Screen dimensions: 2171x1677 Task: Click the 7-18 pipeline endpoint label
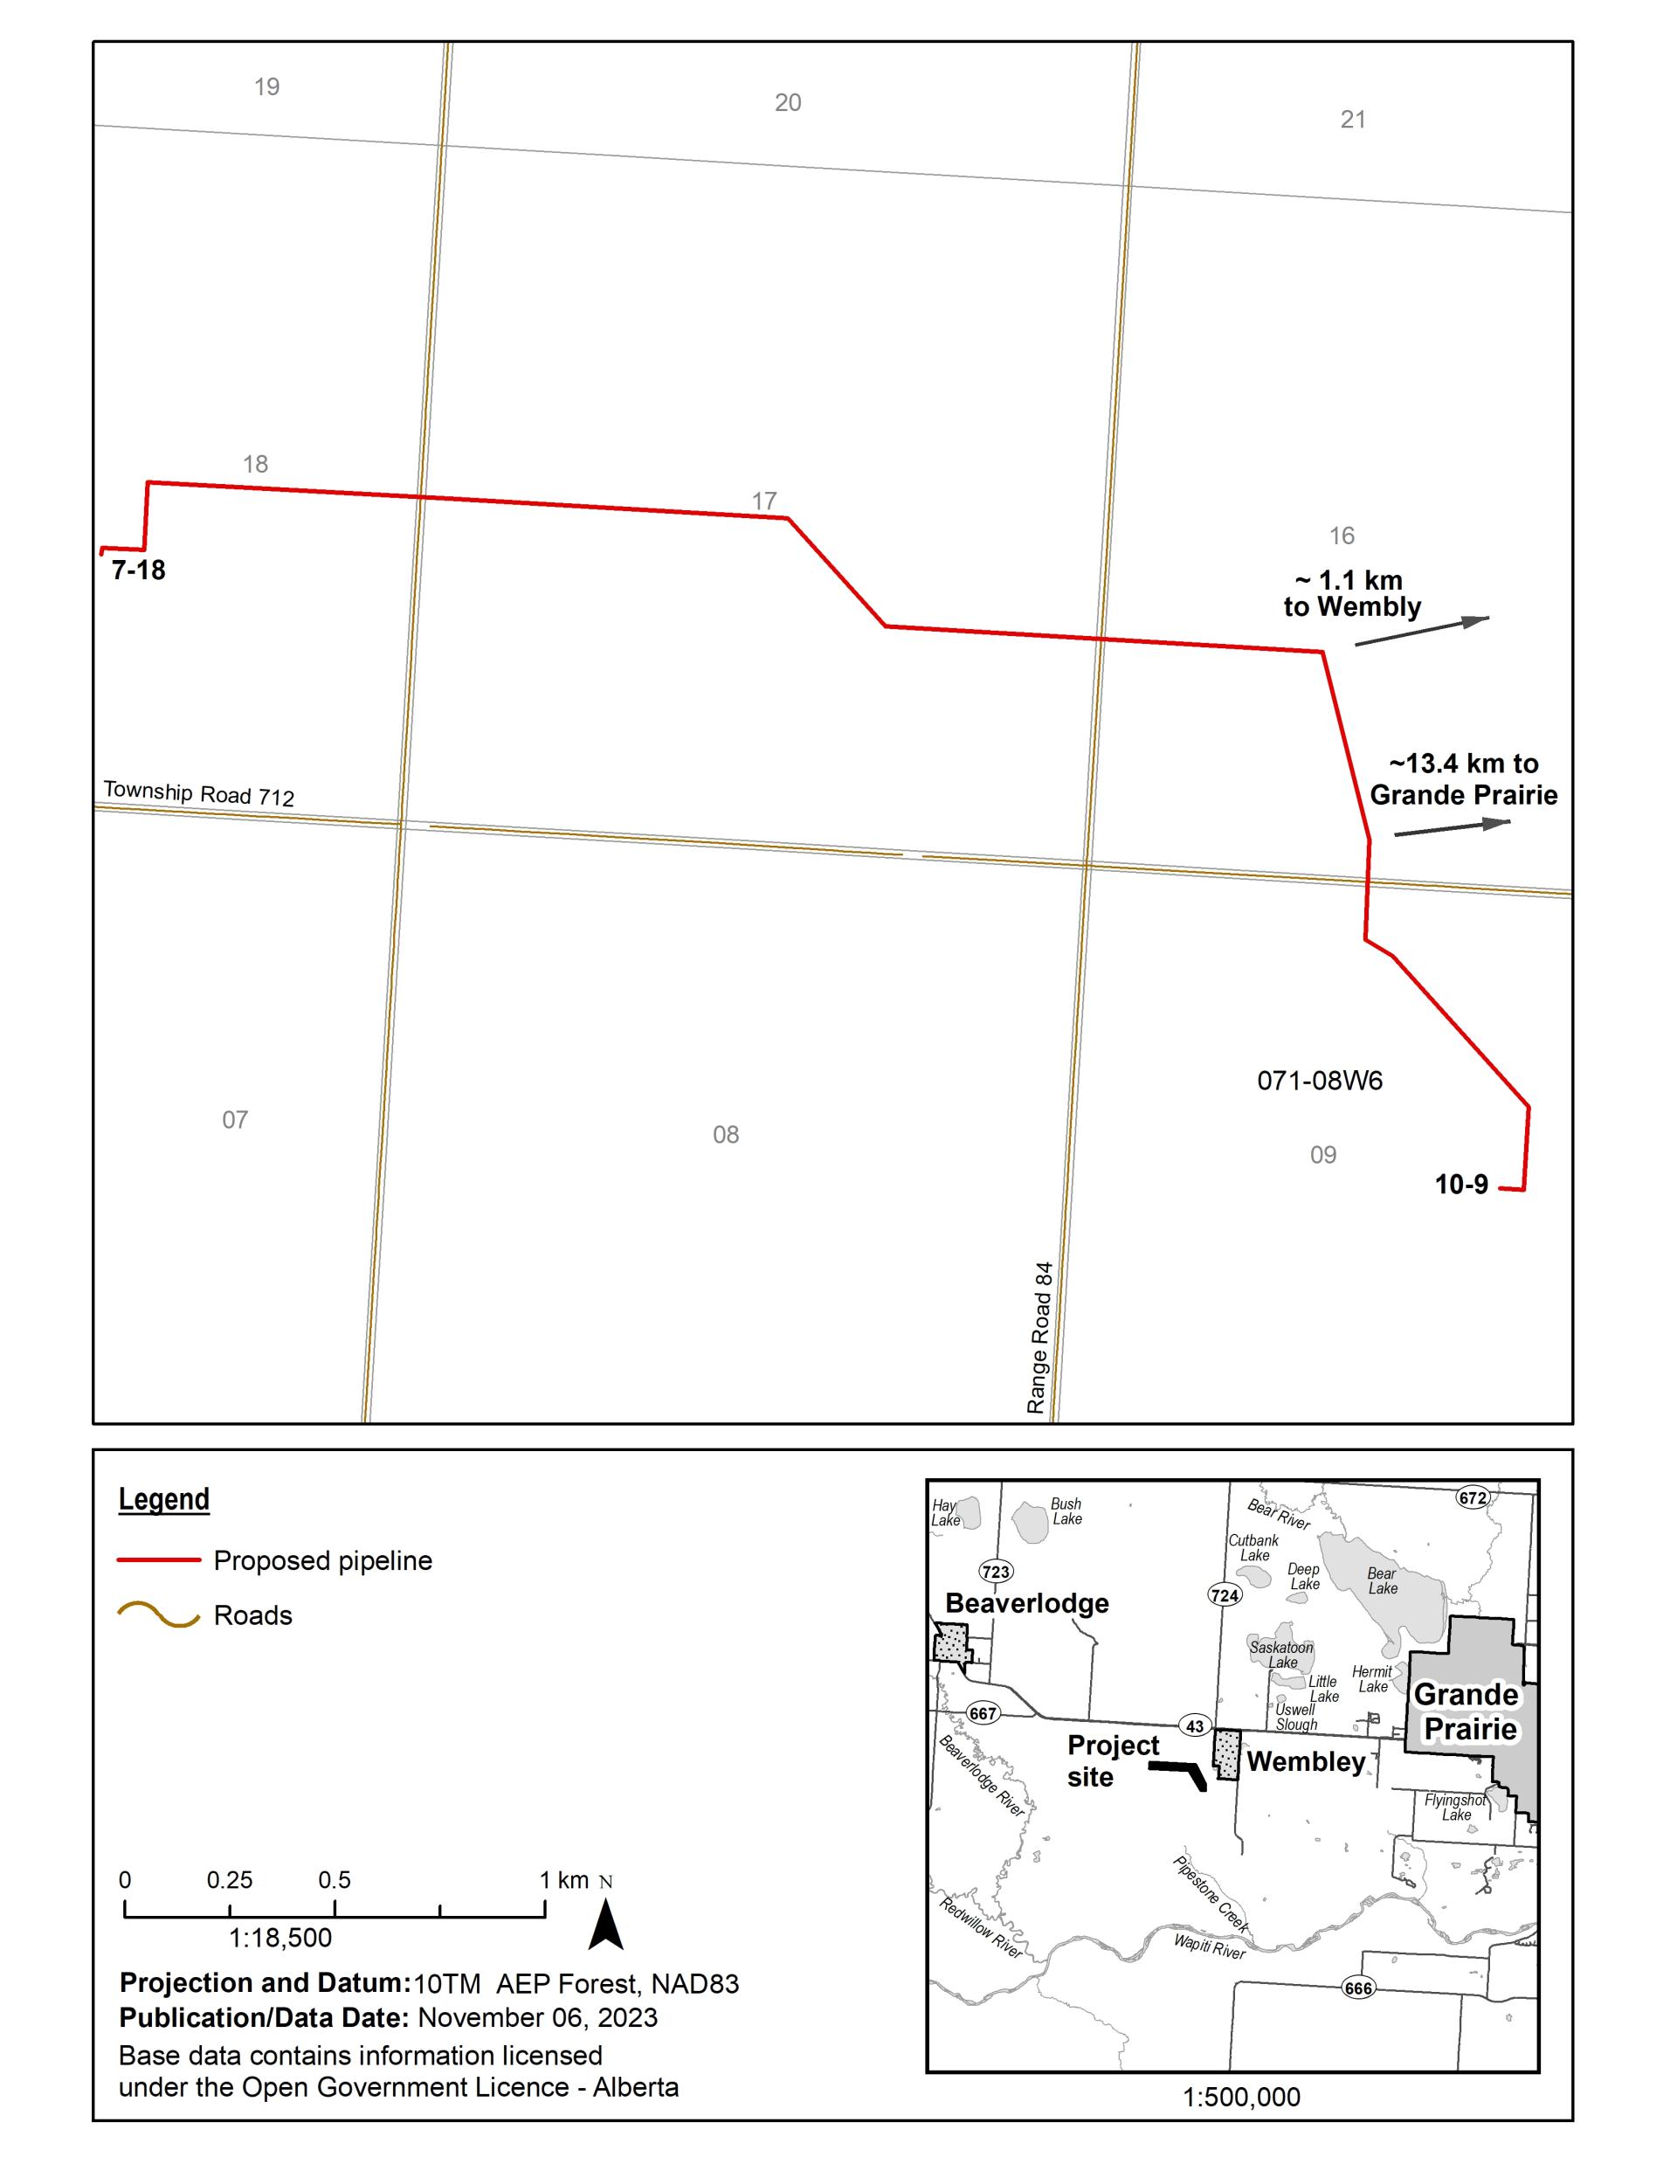(x=138, y=570)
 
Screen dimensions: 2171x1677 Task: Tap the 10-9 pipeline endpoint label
(x=1460, y=1184)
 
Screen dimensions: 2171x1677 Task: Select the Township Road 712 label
(x=199, y=793)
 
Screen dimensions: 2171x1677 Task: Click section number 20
(x=787, y=102)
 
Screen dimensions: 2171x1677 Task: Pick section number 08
(x=726, y=1134)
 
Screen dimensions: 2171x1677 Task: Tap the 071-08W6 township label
(x=1319, y=1081)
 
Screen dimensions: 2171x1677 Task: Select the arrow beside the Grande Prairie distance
(x=1452, y=827)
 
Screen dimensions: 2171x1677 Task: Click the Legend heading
(x=164, y=1499)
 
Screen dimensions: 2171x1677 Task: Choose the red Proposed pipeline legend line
(x=159, y=1560)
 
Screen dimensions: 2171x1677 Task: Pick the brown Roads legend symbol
(x=159, y=1615)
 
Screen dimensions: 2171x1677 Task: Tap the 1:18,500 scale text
(x=280, y=1938)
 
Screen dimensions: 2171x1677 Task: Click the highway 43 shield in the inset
(x=1195, y=1725)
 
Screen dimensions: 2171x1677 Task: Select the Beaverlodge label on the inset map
(x=1027, y=1603)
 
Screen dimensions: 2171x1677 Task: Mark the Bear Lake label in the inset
(x=1382, y=1580)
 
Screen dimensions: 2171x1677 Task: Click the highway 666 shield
(x=1358, y=1988)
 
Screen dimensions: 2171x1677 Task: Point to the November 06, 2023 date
(x=538, y=2017)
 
